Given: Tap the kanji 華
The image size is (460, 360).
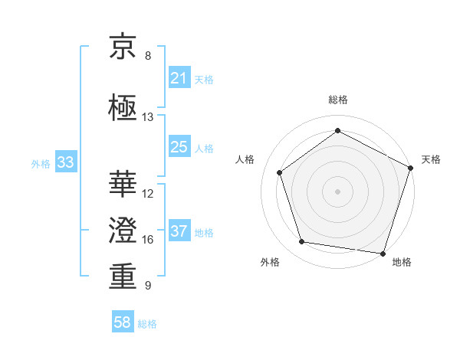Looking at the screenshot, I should click(x=123, y=183).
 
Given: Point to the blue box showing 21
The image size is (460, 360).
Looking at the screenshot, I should click(x=179, y=78).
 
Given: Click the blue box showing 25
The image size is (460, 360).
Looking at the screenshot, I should click(x=179, y=147).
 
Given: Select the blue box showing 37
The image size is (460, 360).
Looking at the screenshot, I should click(x=179, y=231).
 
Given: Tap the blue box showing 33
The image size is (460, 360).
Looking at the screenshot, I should click(x=65, y=162).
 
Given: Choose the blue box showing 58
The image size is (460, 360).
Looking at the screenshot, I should click(x=123, y=323).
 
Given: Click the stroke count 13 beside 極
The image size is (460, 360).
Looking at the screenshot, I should click(x=148, y=117).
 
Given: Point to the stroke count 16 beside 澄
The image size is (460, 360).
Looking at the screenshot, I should click(x=148, y=240).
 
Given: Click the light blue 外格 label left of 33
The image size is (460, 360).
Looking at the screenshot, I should click(x=41, y=163).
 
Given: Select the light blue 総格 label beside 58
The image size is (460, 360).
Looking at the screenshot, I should click(x=147, y=324).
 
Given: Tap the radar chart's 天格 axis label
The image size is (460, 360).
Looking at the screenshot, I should click(x=431, y=159).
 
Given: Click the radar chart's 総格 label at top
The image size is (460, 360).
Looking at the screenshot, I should click(x=337, y=100).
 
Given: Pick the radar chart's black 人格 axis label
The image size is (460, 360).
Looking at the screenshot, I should click(x=245, y=159).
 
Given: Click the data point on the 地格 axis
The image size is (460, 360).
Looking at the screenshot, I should click(x=383, y=253).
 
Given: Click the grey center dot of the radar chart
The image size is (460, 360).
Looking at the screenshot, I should click(x=337, y=191).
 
